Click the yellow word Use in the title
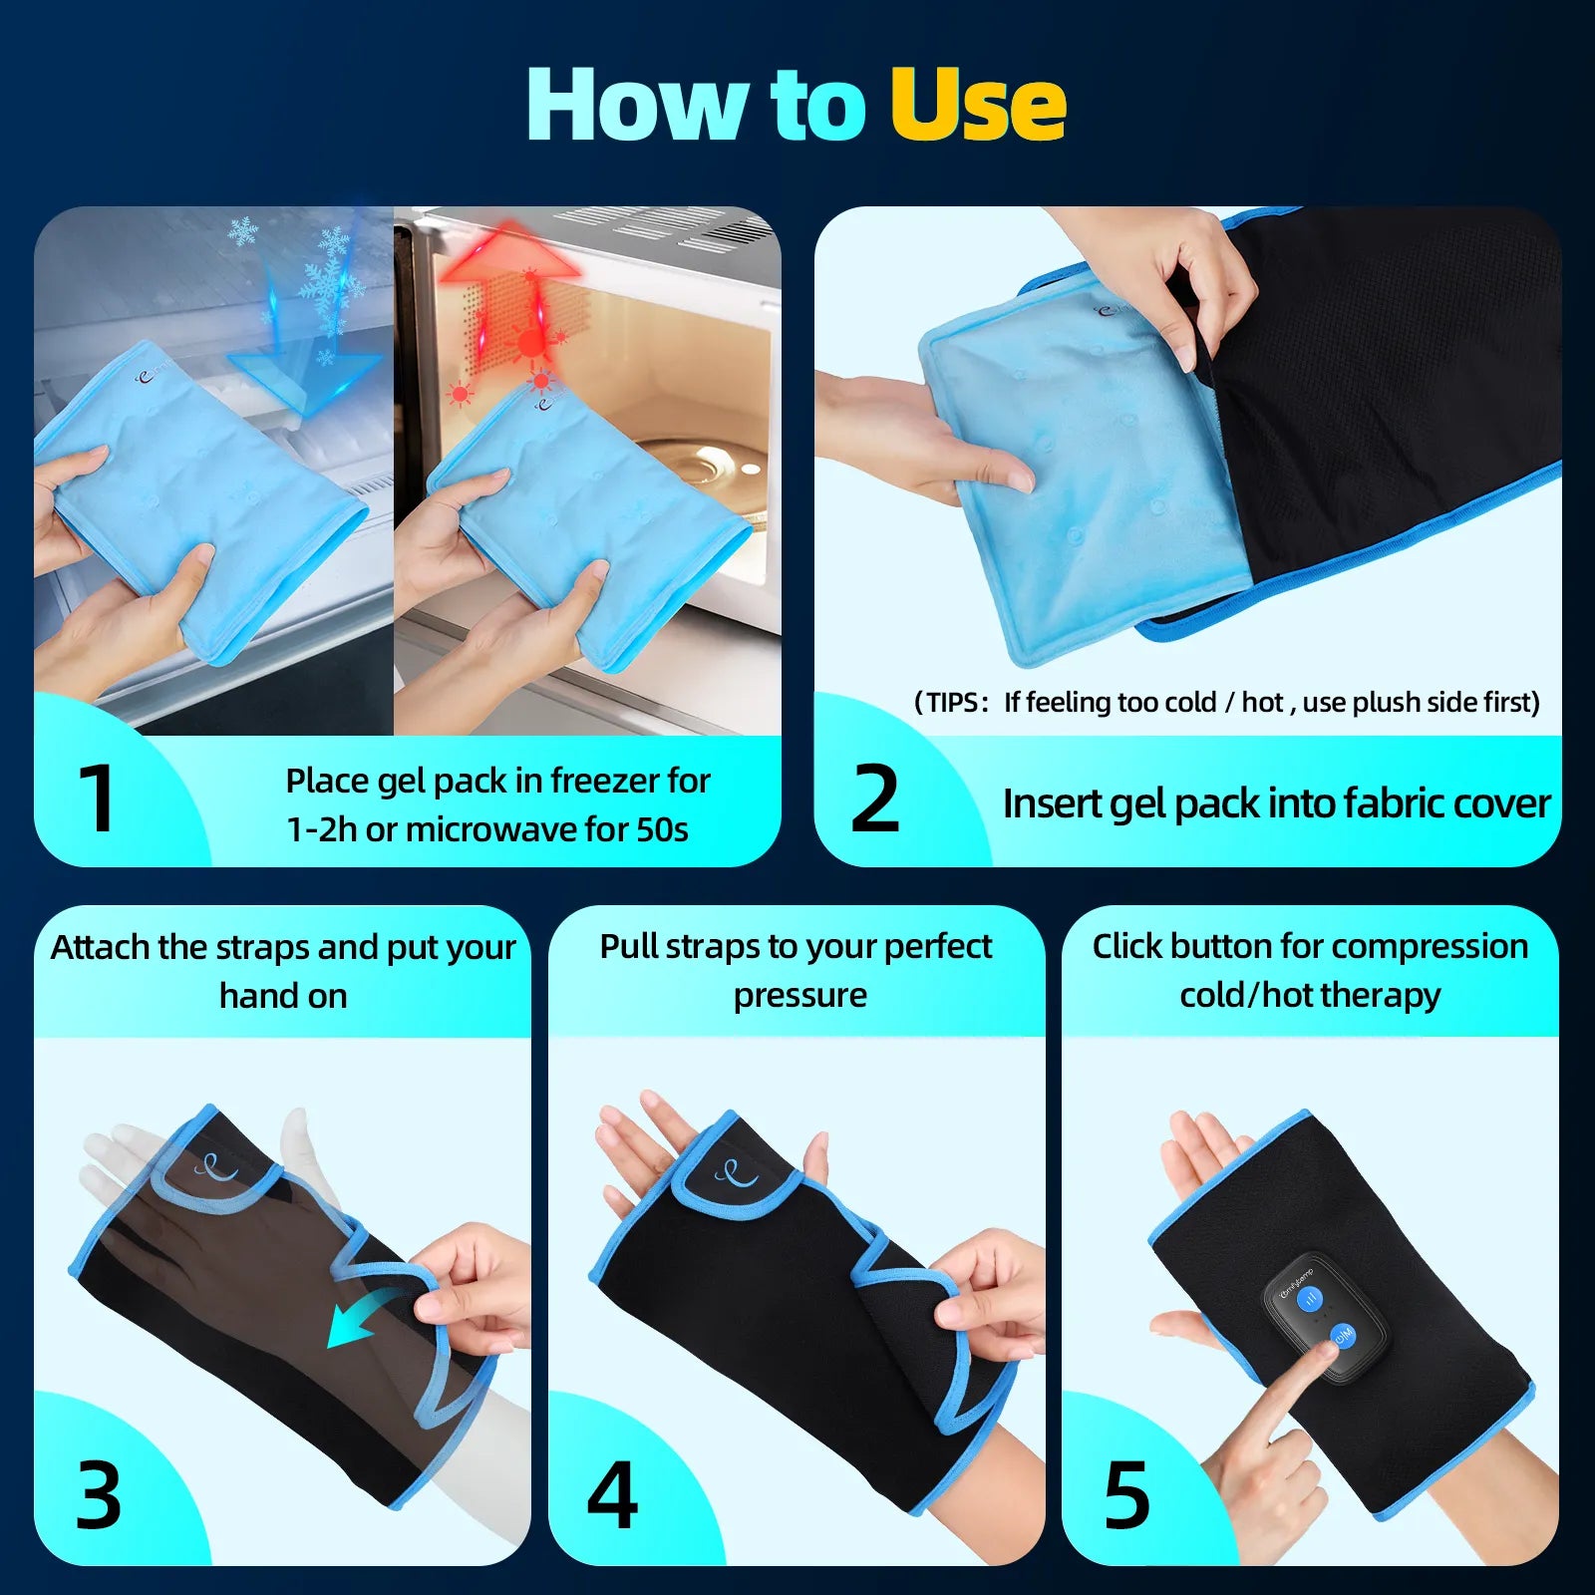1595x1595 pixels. [x=977, y=105]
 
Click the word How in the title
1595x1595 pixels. [x=638, y=105]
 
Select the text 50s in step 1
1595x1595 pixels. [x=662, y=829]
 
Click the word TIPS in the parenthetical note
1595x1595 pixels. [x=951, y=703]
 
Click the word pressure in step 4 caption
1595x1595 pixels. [x=799, y=995]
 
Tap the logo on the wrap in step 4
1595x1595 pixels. [x=736, y=1171]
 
